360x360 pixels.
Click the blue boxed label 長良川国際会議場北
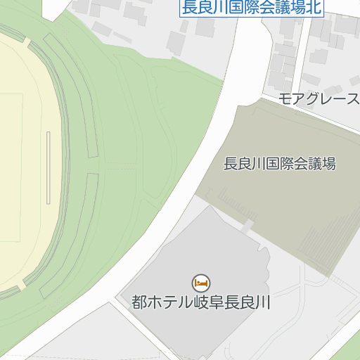[x=251, y=8]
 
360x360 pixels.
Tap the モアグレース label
[x=319, y=98]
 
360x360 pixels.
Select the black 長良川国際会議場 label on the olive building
[x=279, y=165]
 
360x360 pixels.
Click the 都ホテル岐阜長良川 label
[x=201, y=303]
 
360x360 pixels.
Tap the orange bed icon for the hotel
[x=201, y=283]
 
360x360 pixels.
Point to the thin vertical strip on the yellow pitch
[x=49, y=167]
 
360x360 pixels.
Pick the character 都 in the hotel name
[x=139, y=303]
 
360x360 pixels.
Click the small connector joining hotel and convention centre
[x=247, y=225]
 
